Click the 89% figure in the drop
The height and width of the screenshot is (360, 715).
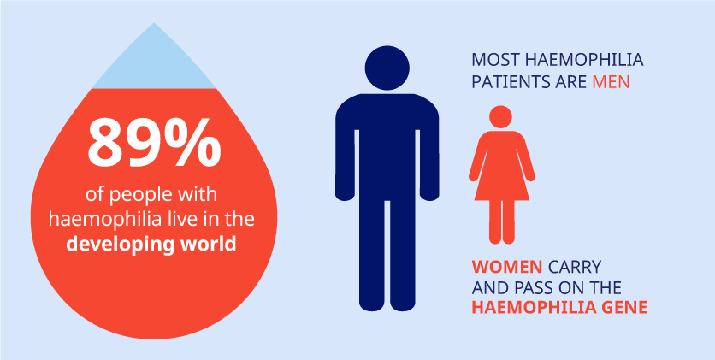[x=154, y=142]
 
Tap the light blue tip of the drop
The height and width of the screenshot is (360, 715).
[x=154, y=62]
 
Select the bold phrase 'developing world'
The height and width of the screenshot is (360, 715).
[x=151, y=245]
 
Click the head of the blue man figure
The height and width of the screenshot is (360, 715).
[x=387, y=68]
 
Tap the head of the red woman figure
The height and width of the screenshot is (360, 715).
[x=500, y=116]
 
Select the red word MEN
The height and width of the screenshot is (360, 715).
[x=611, y=83]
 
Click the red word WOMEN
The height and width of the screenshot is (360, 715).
[x=507, y=266]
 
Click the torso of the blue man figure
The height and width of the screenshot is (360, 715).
[x=387, y=146]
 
